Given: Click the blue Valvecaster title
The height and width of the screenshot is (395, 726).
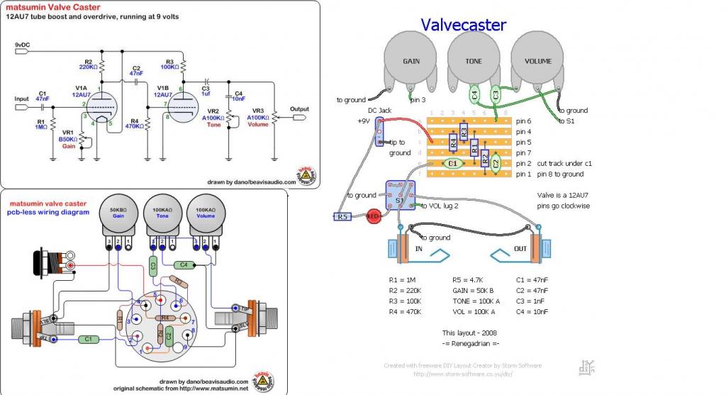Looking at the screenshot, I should coord(463,26).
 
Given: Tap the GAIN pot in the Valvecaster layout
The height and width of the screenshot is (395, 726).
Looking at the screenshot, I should coord(411,62).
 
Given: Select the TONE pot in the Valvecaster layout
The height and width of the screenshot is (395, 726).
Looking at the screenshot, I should coord(474,62).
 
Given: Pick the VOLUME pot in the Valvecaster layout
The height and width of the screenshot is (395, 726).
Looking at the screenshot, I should coord(537,62).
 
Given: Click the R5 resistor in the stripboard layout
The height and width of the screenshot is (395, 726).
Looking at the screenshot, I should coord(345,216).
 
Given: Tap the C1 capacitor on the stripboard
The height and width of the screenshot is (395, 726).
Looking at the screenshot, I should coord(454,163).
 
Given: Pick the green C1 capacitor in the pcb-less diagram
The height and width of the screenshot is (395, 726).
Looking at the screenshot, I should coord(87,340).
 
